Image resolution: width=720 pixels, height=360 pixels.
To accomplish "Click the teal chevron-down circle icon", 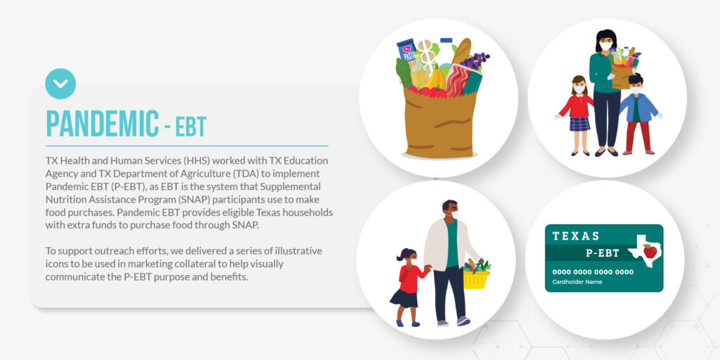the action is tap(60, 84).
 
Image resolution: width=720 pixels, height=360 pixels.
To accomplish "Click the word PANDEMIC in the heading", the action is tap(103, 124).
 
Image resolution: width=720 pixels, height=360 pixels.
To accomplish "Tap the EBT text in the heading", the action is tap(191, 127).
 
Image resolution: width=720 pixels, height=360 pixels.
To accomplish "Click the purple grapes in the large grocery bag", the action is tap(475, 60).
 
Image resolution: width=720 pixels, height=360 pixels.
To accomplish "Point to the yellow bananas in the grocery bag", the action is tap(434, 79).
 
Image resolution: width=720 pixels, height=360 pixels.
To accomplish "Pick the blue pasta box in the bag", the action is tap(407, 50).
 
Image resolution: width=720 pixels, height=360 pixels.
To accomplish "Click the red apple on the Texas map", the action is tap(650, 251).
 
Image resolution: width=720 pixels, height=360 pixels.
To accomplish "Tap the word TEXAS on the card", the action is tap(576, 236).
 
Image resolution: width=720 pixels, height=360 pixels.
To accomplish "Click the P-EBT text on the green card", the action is tap(602, 253).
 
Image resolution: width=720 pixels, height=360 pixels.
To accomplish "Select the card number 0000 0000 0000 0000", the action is tap(593, 272).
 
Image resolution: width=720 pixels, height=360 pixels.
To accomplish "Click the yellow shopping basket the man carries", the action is tap(477, 277).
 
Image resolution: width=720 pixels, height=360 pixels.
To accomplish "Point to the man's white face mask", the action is tap(455, 214).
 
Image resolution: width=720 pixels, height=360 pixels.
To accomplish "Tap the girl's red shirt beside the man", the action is tap(411, 278).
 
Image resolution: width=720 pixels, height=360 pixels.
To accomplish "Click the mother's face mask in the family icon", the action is tap(606, 46).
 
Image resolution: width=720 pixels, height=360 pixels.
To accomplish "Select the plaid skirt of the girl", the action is tap(580, 124).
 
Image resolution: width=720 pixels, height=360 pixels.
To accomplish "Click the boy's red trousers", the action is tap(638, 136).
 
